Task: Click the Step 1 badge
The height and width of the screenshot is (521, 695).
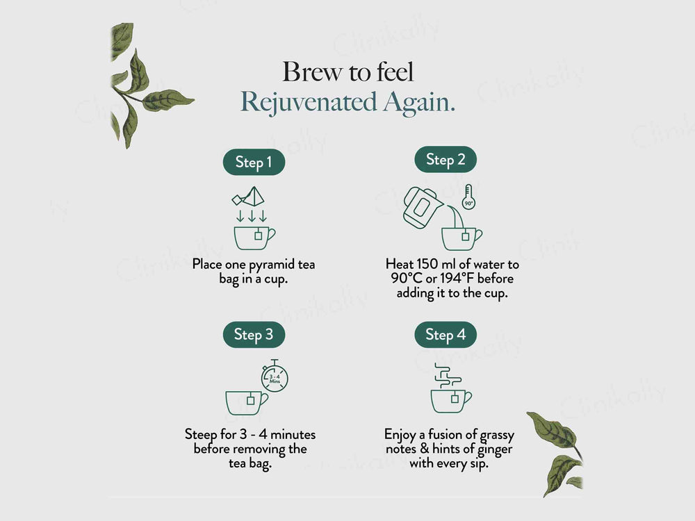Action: click(x=254, y=163)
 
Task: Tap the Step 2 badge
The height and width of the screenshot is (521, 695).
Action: click(x=445, y=160)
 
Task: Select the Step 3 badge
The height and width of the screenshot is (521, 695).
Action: click(x=254, y=335)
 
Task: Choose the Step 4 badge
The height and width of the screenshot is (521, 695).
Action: click(x=445, y=335)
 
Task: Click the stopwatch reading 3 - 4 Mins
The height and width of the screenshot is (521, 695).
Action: click(x=274, y=377)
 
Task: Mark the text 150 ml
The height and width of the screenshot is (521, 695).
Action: click(x=436, y=265)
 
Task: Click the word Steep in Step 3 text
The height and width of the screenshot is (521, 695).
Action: click(x=201, y=435)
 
